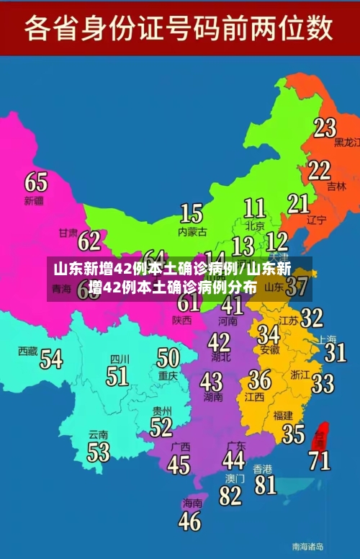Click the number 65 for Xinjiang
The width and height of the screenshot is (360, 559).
36,182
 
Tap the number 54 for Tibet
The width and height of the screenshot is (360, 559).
50,358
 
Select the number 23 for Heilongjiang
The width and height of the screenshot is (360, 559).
325,128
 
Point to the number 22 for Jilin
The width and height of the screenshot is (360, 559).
319,170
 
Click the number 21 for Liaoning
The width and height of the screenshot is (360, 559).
298,203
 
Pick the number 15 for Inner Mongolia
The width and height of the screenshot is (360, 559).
191,213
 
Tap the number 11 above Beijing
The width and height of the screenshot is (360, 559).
254,208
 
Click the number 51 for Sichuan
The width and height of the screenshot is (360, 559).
117,375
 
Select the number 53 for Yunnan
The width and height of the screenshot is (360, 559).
98,452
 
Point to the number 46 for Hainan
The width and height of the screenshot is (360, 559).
189,520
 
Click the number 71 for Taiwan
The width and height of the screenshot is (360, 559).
320,460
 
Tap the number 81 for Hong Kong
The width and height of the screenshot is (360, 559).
265,483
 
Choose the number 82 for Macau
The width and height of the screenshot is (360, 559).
230,496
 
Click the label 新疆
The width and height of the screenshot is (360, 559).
34,200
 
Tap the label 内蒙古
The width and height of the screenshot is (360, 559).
192,232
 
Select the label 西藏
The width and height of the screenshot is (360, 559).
27,352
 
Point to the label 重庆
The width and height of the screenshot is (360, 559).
168,375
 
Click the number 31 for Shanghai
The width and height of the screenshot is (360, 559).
335,352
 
